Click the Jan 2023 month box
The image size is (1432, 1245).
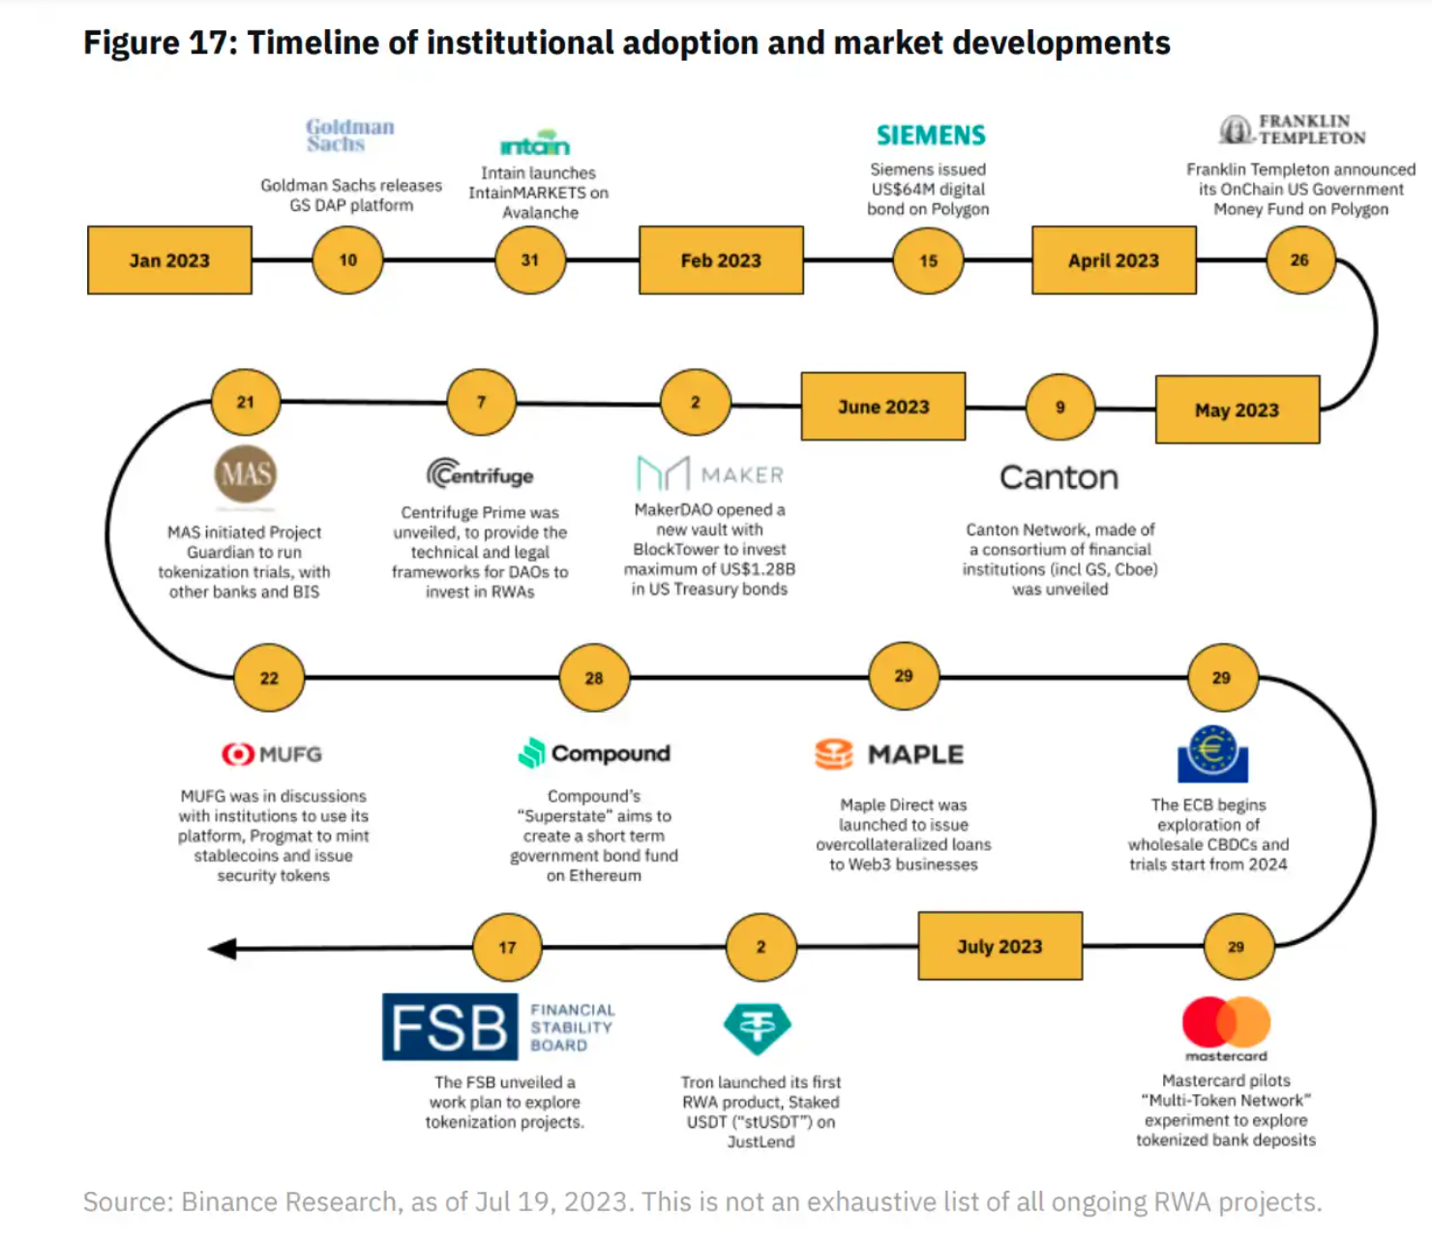click(x=169, y=259)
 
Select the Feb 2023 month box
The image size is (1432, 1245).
click(x=721, y=259)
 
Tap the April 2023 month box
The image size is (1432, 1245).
click(x=1114, y=259)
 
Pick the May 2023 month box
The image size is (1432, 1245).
click(x=1237, y=410)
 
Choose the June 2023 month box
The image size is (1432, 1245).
click(x=883, y=407)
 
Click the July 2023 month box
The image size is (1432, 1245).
click(x=999, y=945)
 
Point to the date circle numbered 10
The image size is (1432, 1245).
click(x=348, y=259)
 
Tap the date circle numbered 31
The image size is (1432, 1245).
click(x=530, y=259)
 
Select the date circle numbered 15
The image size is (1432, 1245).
click(x=928, y=260)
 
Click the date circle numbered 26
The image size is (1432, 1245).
click(x=1299, y=259)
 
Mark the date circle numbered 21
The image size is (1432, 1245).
click(x=245, y=402)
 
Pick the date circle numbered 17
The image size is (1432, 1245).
click(x=507, y=947)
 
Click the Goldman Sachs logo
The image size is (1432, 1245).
click(x=350, y=135)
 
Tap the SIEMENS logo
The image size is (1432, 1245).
click(x=931, y=136)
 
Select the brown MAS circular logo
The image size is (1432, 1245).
click(x=245, y=474)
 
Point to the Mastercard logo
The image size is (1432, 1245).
click(x=1226, y=1028)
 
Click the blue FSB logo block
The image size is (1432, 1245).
click(x=450, y=1026)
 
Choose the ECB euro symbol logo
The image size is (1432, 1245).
click(x=1213, y=754)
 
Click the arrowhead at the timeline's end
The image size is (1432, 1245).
click(x=223, y=948)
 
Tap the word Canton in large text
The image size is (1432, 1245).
click(x=1059, y=477)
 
